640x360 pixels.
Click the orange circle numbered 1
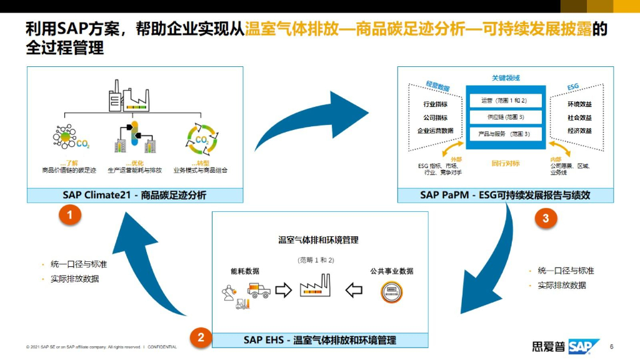71,216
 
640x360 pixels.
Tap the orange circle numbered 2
200,337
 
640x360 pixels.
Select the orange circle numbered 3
546,218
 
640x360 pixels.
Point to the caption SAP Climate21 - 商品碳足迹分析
134,196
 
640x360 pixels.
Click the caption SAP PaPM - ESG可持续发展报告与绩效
505,196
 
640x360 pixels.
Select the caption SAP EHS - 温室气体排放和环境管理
320,341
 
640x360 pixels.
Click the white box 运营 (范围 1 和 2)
504,100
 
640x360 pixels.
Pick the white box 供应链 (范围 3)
504,117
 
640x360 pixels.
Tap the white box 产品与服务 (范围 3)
504,134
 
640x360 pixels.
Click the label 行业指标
436,104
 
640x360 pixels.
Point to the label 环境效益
579,104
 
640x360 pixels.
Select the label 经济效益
579,131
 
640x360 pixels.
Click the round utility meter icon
391,292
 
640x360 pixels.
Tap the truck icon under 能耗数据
258,289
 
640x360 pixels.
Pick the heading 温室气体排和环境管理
318,240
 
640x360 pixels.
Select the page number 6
611,347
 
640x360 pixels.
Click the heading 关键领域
505,78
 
